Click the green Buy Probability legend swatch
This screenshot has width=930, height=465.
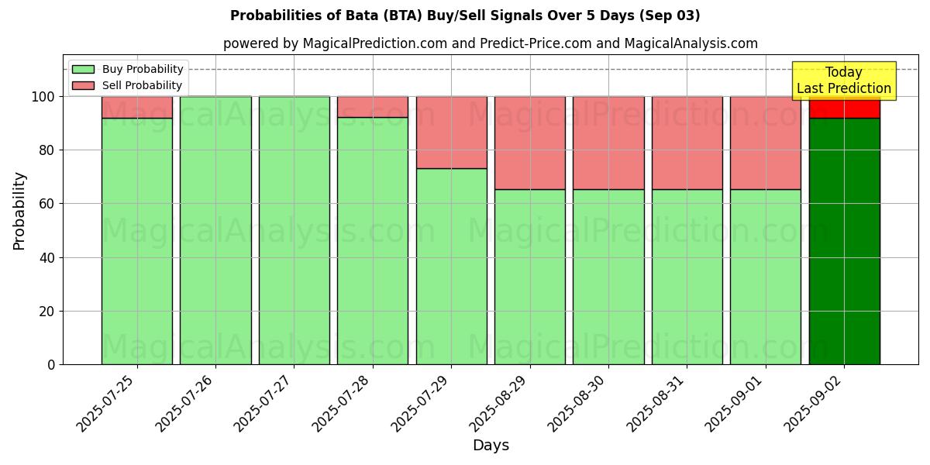tap(83, 70)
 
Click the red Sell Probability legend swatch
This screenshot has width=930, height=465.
tap(83, 86)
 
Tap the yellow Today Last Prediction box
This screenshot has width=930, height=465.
tap(844, 81)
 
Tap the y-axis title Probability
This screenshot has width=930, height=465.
tap(19, 211)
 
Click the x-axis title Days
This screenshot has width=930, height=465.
tap(491, 446)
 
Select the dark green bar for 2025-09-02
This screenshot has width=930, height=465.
tap(844, 241)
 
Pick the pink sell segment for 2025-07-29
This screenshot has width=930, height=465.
tap(451, 133)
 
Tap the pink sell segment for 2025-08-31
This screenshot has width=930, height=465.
tap(687, 143)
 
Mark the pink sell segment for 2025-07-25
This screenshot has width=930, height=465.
tap(137, 108)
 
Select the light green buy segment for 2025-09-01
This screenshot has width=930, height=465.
tap(766, 277)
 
